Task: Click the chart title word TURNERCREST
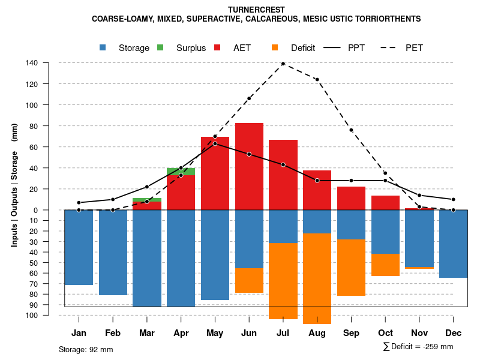(x=256, y=10)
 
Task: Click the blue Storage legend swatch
(x=103, y=47)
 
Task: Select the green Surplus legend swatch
(x=161, y=47)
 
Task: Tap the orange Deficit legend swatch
(x=275, y=47)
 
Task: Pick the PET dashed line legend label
(x=414, y=48)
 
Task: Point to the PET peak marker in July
(x=283, y=64)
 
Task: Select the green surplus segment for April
(x=181, y=172)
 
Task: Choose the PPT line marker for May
(x=215, y=143)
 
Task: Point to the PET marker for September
(x=351, y=130)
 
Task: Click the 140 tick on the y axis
(x=32, y=63)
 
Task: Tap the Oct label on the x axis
(x=385, y=333)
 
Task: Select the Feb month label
(x=113, y=333)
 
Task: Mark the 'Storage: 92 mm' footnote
(x=86, y=349)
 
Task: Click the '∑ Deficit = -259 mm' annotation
(x=418, y=346)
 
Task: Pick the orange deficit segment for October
(x=385, y=265)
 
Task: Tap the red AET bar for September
(x=351, y=198)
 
